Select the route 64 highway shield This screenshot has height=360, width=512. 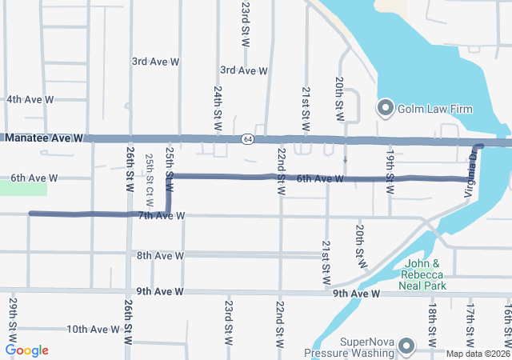point(248,139)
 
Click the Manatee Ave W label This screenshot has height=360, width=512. point(44,138)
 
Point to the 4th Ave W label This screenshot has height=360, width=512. point(30,100)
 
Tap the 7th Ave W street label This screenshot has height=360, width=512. point(161,216)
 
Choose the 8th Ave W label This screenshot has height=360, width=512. point(160,256)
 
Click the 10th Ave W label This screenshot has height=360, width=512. point(93,330)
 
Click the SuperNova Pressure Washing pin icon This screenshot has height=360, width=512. point(406,346)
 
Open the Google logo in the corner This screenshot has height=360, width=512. point(27,350)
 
